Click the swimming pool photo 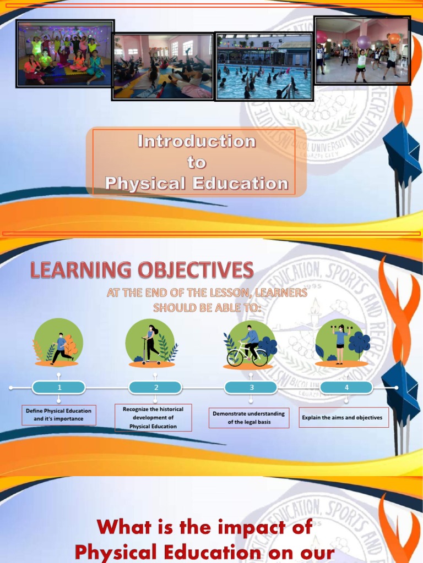(264, 66)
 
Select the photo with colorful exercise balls (362, 51)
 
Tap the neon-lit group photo (64, 53)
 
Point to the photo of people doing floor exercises (162, 67)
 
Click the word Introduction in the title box (197, 142)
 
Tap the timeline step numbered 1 (59, 388)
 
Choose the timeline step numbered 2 (155, 388)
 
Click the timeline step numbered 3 (251, 388)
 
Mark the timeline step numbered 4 (346, 388)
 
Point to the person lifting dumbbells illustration (340, 344)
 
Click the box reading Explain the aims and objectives (341, 418)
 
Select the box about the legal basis (249, 418)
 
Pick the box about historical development (153, 418)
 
